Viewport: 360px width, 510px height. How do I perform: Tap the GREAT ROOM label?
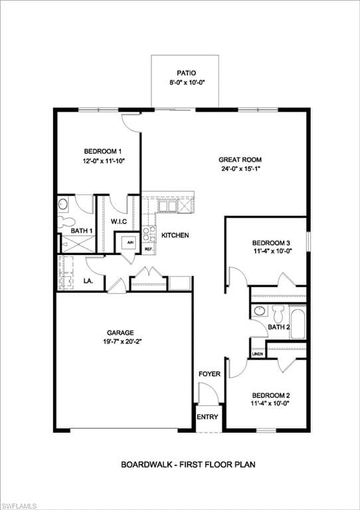point(240,159)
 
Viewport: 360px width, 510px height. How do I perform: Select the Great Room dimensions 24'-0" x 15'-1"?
point(240,169)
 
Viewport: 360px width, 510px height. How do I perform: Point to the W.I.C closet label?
point(118,221)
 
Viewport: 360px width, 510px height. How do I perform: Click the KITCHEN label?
point(175,235)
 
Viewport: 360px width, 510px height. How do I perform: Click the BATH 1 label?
point(82,230)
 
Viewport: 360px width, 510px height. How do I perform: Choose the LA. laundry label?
point(88,281)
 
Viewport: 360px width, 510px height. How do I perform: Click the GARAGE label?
point(121,333)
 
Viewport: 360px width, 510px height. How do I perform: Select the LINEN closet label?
point(258,353)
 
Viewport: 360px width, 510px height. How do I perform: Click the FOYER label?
point(210,374)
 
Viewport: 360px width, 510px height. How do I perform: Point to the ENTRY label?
point(207,417)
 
